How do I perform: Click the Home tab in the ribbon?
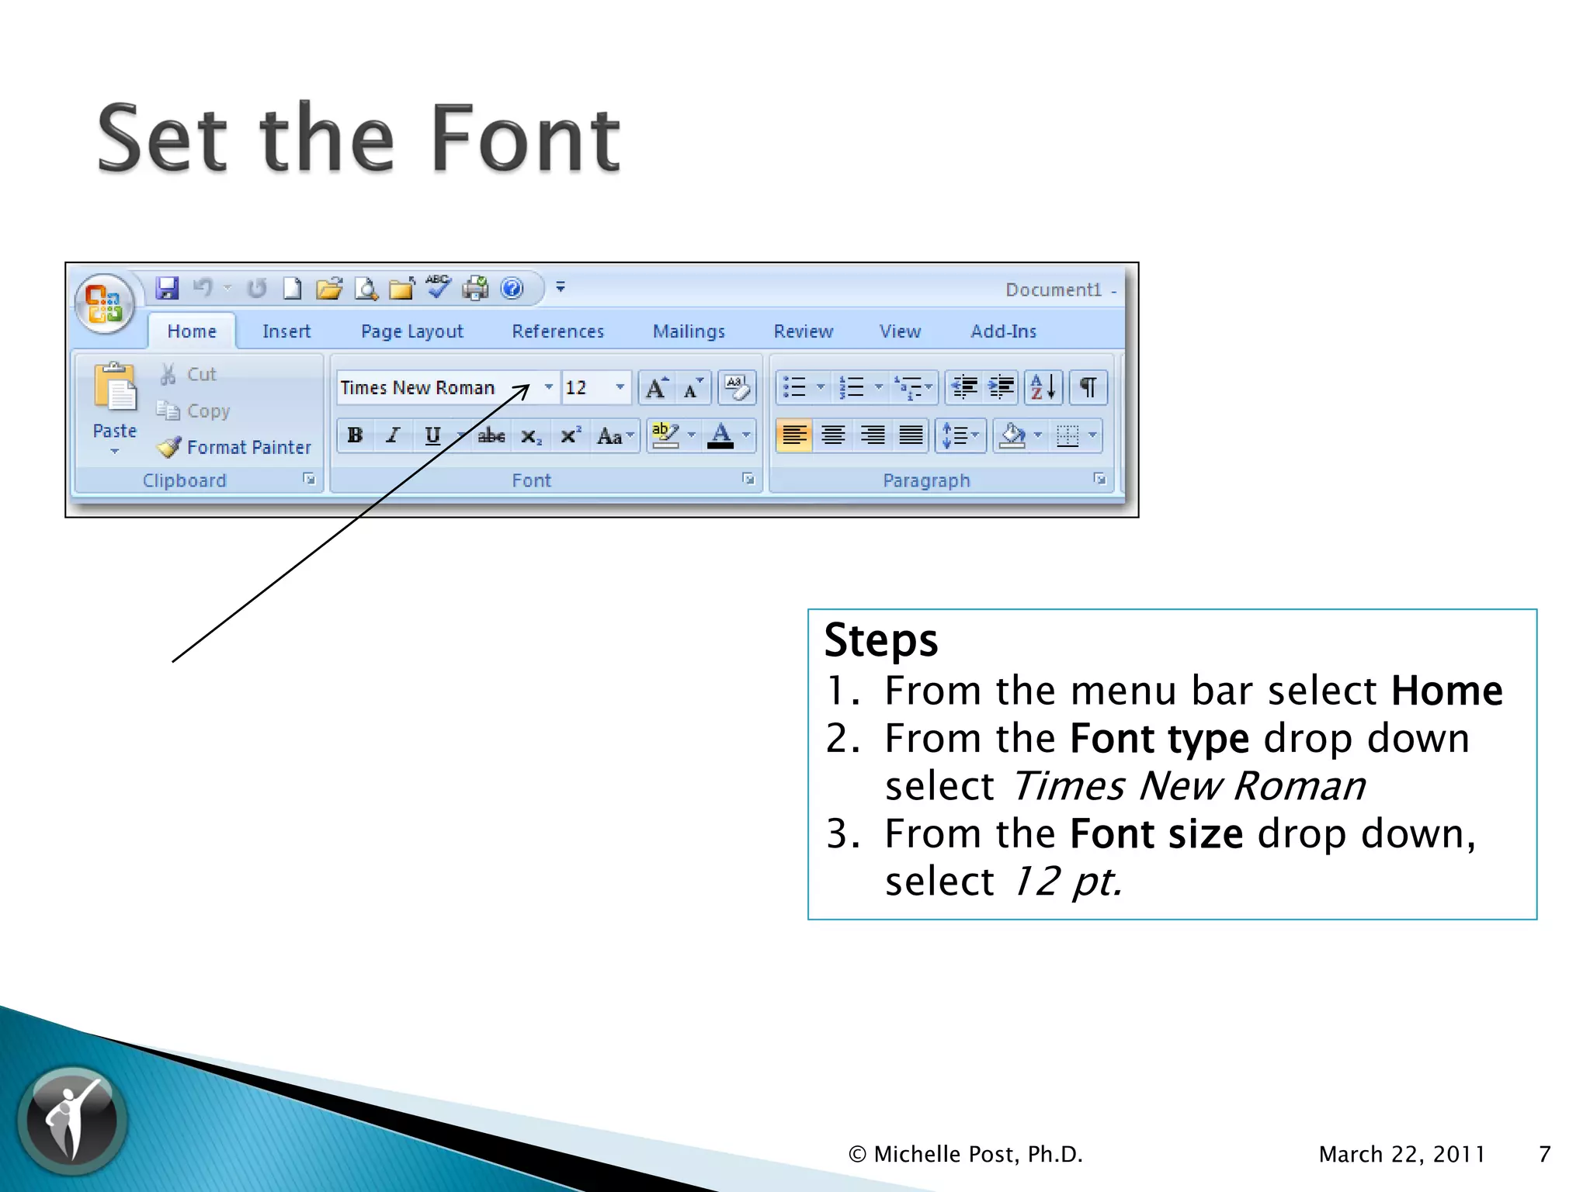tap(192, 331)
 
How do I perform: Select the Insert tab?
tap(286, 331)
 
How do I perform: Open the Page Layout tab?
tap(411, 331)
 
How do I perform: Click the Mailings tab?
tap(689, 331)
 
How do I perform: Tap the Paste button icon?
tap(115, 388)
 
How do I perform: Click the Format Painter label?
tap(248, 447)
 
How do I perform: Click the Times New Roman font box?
tap(435, 387)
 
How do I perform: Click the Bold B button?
tap(356, 435)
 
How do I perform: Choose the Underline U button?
tap(432, 435)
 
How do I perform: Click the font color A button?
tap(721, 435)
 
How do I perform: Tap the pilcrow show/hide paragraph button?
tap(1088, 386)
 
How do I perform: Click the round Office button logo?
tap(105, 303)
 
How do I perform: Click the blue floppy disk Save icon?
tap(166, 289)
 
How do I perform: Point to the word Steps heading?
tap(880, 640)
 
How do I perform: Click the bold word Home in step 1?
tap(1446, 691)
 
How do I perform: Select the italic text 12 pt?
tap(1068, 882)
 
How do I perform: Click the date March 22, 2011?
tap(1401, 1154)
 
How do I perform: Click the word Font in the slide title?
tap(525, 140)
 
